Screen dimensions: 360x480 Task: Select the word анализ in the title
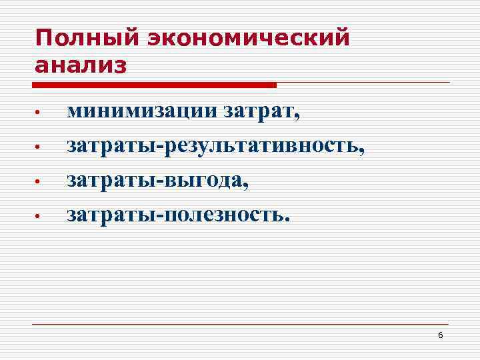(x=81, y=66)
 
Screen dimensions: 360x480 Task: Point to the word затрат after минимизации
(x=263, y=112)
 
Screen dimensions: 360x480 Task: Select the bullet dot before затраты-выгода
(x=39, y=181)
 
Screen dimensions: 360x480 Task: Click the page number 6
(x=441, y=335)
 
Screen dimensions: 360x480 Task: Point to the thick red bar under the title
(x=154, y=85)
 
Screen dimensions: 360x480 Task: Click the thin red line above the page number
(x=240, y=324)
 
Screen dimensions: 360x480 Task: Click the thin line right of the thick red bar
(x=363, y=83)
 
